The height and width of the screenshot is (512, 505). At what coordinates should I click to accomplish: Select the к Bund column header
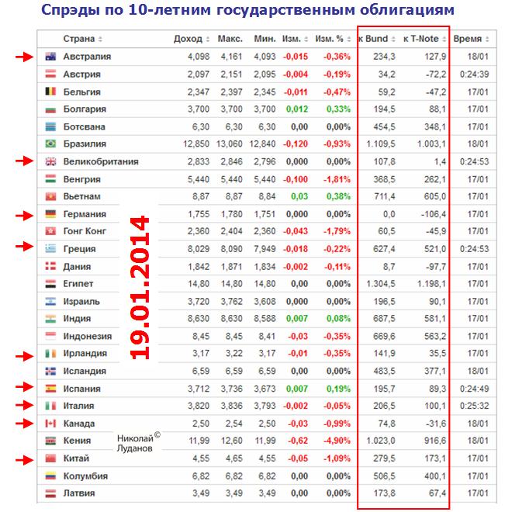(x=375, y=38)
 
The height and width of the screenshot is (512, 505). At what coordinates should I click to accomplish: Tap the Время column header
(x=467, y=38)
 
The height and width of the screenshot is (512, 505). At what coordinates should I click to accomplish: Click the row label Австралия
(x=87, y=57)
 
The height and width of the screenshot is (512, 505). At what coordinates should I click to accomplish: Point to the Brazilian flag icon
(x=50, y=144)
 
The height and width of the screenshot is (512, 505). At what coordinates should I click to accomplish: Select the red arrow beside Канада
(x=26, y=424)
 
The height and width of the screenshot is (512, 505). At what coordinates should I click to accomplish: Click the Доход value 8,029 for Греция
(x=199, y=248)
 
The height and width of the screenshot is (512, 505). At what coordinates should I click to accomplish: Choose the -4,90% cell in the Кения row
(x=337, y=441)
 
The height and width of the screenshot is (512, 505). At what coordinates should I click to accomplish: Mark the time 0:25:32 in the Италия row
(x=470, y=406)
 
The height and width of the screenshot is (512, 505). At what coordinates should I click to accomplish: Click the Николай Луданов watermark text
(x=138, y=442)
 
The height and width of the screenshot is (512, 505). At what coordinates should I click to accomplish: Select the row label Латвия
(x=78, y=493)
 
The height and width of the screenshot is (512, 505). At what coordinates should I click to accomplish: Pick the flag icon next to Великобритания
(x=50, y=161)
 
